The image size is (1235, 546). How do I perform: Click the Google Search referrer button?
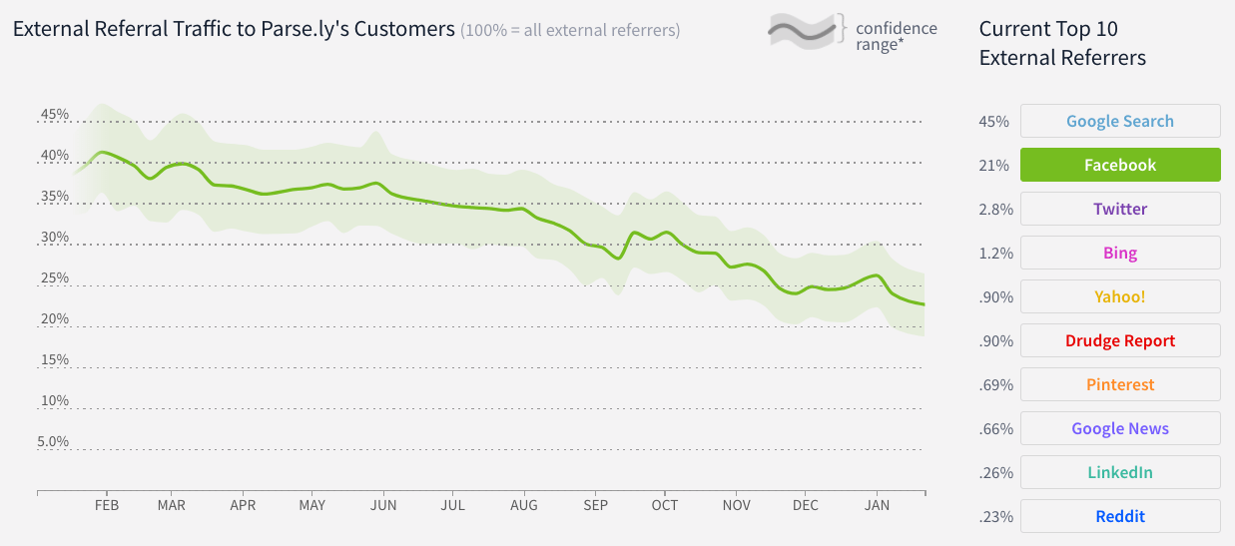(x=1119, y=121)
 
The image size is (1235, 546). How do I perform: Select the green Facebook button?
(x=1119, y=165)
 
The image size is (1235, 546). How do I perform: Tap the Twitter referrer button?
(x=1119, y=209)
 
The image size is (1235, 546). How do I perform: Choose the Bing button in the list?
(x=1119, y=253)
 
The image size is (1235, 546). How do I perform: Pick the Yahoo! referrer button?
(x=1119, y=296)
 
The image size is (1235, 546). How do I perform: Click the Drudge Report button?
(x=1119, y=340)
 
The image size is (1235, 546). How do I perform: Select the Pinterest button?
(x=1119, y=384)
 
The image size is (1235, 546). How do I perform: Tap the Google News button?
(x=1119, y=428)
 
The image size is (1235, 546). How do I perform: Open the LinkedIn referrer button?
(x=1119, y=472)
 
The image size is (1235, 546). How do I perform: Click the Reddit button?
(x=1119, y=516)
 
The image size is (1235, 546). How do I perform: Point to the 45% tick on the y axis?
(x=55, y=115)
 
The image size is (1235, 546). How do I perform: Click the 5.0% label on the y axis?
(x=55, y=441)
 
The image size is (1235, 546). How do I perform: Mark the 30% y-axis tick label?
(x=55, y=238)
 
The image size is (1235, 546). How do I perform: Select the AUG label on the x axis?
(x=523, y=505)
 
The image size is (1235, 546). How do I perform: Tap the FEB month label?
(x=107, y=505)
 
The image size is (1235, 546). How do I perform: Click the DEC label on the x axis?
(x=805, y=505)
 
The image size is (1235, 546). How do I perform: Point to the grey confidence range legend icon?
(x=805, y=32)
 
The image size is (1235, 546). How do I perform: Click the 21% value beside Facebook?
(x=994, y=166)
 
